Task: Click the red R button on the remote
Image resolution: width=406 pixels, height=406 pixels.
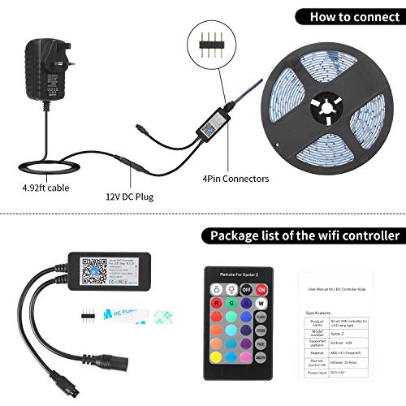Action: [218, 306]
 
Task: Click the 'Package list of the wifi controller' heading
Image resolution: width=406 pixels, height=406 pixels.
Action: [304, 236]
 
